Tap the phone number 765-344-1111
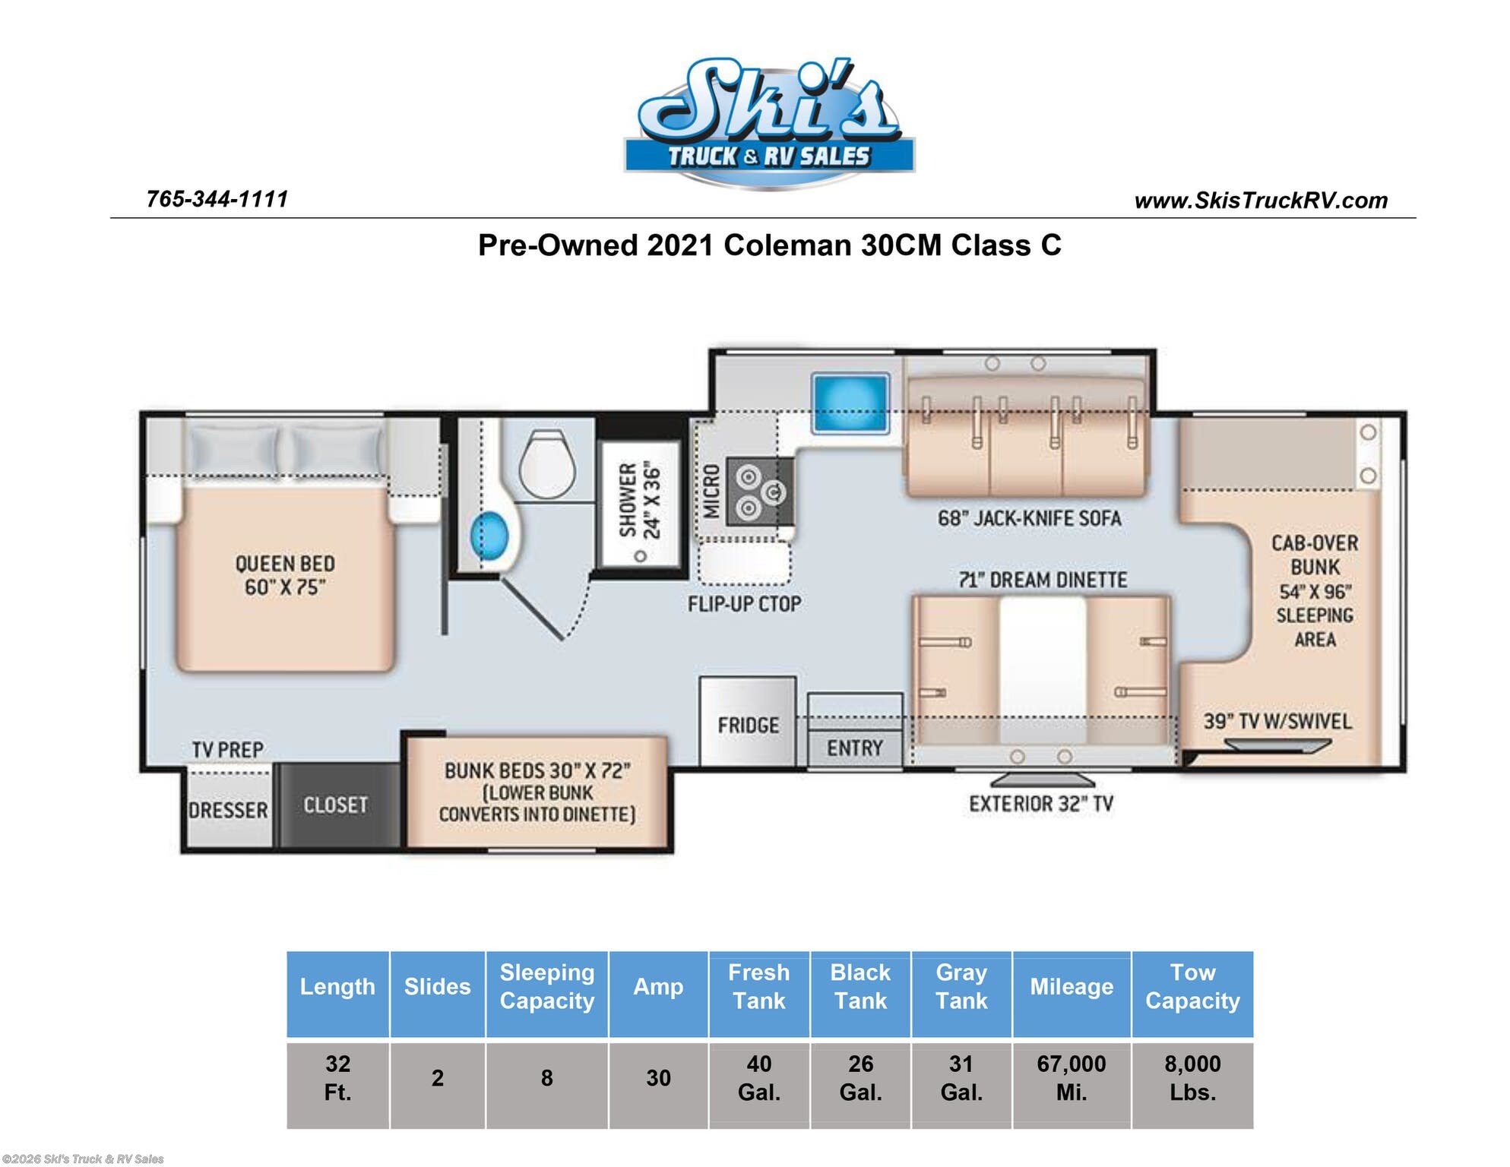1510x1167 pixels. click(x=217, y=199)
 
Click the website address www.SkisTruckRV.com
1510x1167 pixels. click(x=1261, y=201)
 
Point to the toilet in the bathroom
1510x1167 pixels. click(x=546, y=464)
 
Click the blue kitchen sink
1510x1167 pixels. click(x=850, y=403)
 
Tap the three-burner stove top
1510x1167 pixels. click(x=759, y=491)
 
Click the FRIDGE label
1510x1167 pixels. click(x=749, y=726)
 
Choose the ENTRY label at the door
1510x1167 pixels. click(x=855, y=748)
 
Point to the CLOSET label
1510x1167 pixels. click(x=335, y=805)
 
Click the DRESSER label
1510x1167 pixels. click(x=228, y=811)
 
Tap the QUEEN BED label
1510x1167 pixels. click(x=285, y=564)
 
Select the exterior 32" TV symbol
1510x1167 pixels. click(x=1043, y=780)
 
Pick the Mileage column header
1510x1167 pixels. click(x=1072, y=986)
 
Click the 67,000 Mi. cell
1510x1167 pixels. click(x=1072, y=1078)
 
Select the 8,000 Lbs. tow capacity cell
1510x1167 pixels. click(x=1192, y=1078)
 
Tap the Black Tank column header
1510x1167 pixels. click(x=860, y=986)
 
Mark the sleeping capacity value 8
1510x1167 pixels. click(x=546, y=1078)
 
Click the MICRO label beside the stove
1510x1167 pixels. click(x=711, y=492)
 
